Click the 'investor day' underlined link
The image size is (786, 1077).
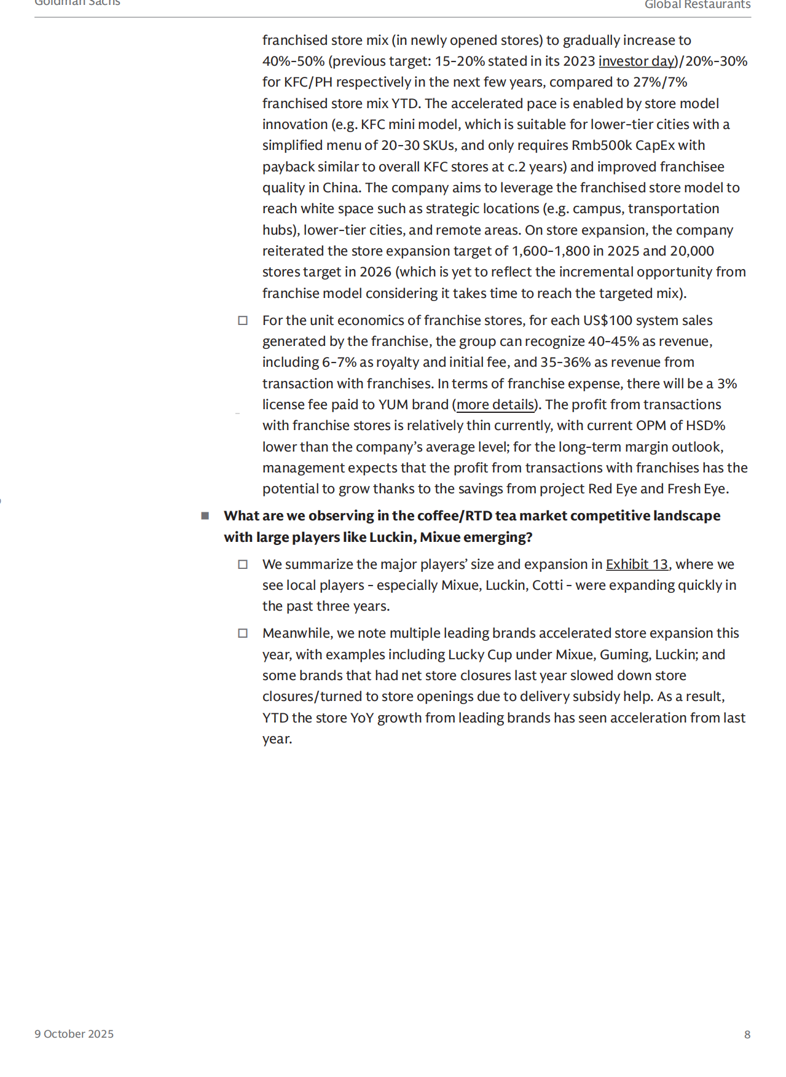click(637, 61)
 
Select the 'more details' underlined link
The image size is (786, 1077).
click(495, 405)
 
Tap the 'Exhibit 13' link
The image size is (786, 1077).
click(637, 565)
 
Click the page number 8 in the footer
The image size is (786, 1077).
click(747, 1035)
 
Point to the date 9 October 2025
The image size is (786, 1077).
click(74, 1035)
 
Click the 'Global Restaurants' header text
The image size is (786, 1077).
click(697, 5)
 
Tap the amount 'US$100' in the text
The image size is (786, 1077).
click(607, 321)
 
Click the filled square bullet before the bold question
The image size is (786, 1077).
click(205, 516)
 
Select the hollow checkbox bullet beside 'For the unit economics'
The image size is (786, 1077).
click(243, 321)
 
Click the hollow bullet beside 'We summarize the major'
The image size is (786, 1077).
click(243, 565)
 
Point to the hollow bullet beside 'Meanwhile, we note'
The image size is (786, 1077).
click(243, 633)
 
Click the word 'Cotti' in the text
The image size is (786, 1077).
click(548, 585)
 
